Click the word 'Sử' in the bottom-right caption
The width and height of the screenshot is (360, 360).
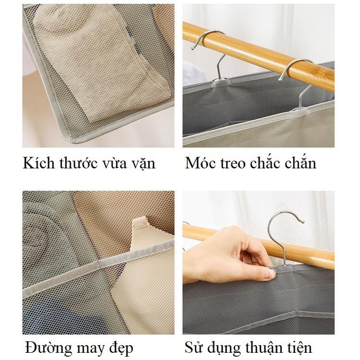192,348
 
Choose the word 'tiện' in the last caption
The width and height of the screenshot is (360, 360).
299,348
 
